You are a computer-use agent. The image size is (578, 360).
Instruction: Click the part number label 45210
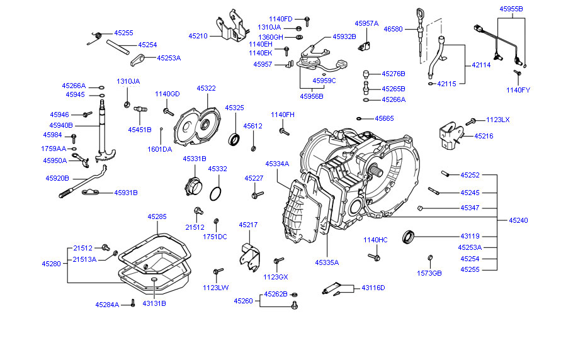coord(198,36)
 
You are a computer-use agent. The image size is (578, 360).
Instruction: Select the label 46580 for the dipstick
coord(393,28)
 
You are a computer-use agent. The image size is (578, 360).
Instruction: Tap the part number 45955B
coord(511,9)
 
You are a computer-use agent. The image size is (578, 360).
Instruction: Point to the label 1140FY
coord(518,90)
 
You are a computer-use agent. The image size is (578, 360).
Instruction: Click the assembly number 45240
coord(518,220)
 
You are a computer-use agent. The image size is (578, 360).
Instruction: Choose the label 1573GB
coord(429,273)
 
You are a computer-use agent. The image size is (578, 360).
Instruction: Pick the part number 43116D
coord(373,288)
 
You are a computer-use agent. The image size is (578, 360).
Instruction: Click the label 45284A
coord(107,305)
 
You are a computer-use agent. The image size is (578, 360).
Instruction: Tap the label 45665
coord(384,118)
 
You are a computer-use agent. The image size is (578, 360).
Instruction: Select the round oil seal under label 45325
coord(234,138)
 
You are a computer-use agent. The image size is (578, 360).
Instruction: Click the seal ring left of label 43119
coord(410,237)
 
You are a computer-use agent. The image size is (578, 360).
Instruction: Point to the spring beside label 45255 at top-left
coord(94,38)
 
